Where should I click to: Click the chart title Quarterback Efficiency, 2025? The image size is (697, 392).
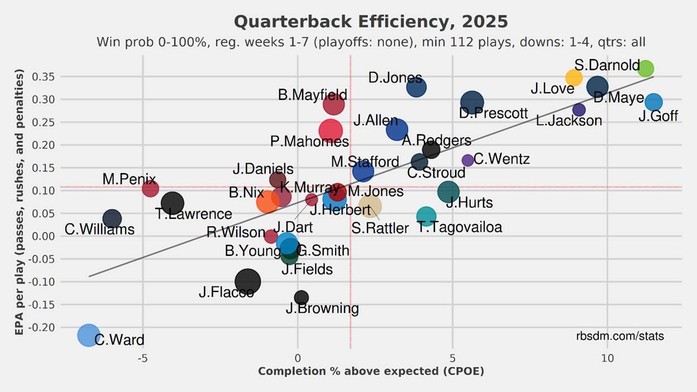pyautogui.click(x=371, y=22)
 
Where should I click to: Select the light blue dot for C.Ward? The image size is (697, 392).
pyautogui.click(x=88, y=335)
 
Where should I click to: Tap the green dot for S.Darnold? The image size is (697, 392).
pyautogui.click(x=646, y=69)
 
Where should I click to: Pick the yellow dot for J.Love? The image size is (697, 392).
pyautogui.click(x=574, y=78)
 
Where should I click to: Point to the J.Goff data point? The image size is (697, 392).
pyautogui.click(x=653, y=102)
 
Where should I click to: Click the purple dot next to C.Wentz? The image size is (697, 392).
pyautogui.click(x=468, y=160)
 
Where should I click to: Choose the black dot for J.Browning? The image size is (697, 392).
pyautogui.click(x=302, y=298)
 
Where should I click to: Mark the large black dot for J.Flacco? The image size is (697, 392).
pyautogui.click(x=247, y=281)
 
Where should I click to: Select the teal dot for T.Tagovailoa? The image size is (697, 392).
pyautogui.click(x=426, y=216)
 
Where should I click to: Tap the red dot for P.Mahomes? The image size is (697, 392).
pyautogui.click(x=331, y=130)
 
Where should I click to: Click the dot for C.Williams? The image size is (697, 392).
pyautogui.click(x=112, y=218)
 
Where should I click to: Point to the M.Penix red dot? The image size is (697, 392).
pyautogui.click(x=150, y=189)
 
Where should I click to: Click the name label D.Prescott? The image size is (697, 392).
pyautogui.click(x=494, y=113)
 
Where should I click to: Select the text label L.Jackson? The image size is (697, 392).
pyautogui.click(x=569, y=120)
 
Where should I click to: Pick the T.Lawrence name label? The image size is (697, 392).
pyautogui.click(x=193, y=214)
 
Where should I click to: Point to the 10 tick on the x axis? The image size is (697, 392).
pyautogui.click(x=607, y=357)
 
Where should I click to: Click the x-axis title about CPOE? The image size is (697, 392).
pyautogui.click(x=371, y=371)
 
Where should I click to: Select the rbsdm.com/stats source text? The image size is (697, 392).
pyautogui.click(x=620, y=336)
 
